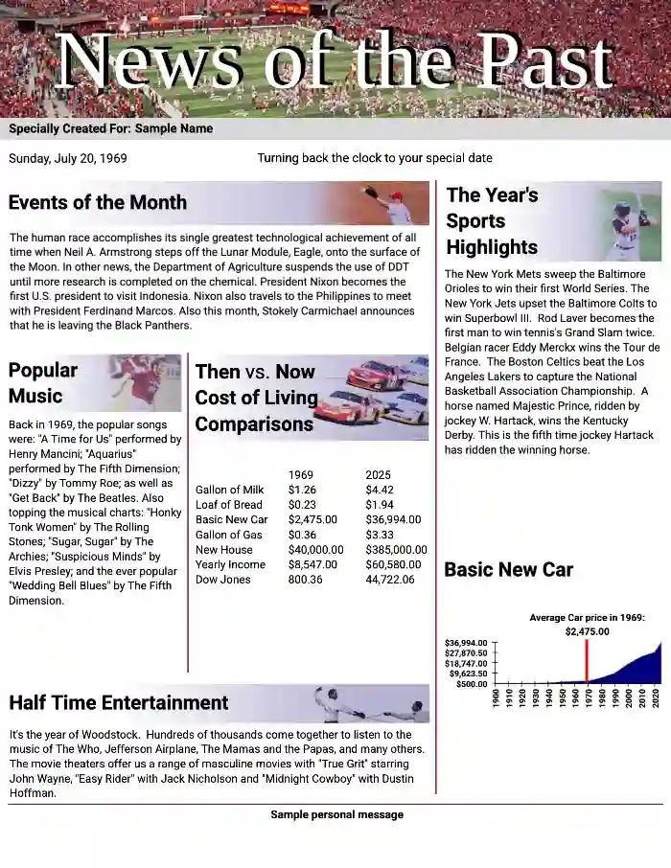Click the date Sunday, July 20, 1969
(68, 158)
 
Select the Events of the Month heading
(98, 202)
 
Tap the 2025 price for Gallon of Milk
(380, 490)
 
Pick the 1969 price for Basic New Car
(312, 519)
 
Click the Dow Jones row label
(223, 579)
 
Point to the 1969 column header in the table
(301, 474)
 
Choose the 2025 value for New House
(396, 549)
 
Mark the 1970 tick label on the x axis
(587, 698)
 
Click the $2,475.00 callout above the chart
(587, 631)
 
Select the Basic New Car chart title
(508, 570)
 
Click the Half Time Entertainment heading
(119, 703)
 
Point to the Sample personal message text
(336, 814)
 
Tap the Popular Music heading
(43, 382)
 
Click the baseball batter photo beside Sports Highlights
(631, 225)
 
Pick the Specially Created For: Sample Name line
(111, 128)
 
